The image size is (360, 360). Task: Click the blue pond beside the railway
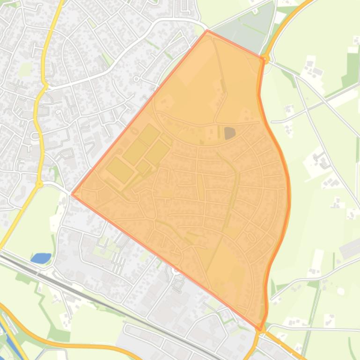[x=41, y=258]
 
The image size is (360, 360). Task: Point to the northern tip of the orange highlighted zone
[x=207, y=31]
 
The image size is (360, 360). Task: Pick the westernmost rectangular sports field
[x=120, y=169]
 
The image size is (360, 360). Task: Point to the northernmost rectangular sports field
[x=149, y=134]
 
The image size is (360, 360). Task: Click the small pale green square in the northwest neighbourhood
[x=25, y=69]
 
